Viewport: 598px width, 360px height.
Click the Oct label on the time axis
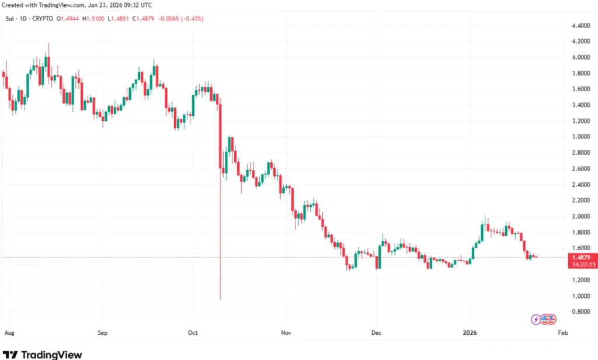(x=193, y=333)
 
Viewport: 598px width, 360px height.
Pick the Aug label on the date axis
(x=9, y=333)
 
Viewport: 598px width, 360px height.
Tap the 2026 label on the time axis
(x=470, y=333)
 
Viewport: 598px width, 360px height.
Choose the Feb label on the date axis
(x=562, y=333)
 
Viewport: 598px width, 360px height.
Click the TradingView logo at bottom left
(x=43, y=354)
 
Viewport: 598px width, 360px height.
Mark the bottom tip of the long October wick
(x=220, y=300)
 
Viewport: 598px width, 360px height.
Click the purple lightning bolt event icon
(x=536, y=319)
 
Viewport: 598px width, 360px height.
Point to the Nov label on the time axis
(x=285, y=333)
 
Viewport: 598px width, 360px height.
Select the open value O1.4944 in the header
(x=69, y=19)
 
